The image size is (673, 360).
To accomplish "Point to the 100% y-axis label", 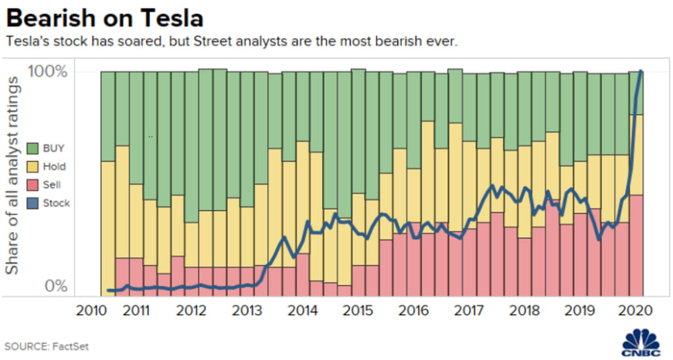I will (x=48, y=73).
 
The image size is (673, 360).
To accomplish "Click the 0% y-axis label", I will (x=55, y=286).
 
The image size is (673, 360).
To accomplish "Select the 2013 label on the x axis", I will (x=246, y=311).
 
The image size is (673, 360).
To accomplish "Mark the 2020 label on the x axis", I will (x=634, y=311).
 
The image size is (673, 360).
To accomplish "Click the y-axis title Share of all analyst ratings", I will (x=13, y=175).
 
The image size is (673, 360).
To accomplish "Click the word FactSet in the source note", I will (x=71, y=345).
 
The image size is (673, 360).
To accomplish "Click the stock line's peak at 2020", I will (x=641, y=72).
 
